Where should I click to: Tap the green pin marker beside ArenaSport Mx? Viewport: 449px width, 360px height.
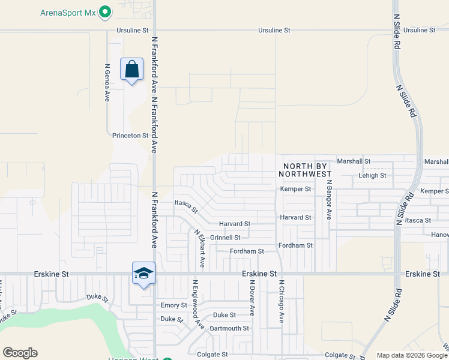(x=106, y=11)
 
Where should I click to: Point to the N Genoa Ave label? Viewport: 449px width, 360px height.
(x=107, y=82)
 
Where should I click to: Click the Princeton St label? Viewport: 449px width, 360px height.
(x=130, y=136)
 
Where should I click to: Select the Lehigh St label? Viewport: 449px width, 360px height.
(x=372, y=176)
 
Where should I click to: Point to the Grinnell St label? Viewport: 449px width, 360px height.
(x=225, y=238)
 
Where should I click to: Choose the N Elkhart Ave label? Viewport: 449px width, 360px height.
(x=199, y=248)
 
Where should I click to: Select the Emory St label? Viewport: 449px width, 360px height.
(x=170, y=305)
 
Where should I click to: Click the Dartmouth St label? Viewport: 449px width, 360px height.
(x=229, y=328)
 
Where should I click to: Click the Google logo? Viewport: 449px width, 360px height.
(x=20, y=353)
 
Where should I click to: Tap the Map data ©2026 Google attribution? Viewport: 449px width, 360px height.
(x=411, y=356)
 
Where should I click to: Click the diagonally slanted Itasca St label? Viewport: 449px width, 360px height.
(x=186, y=206)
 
